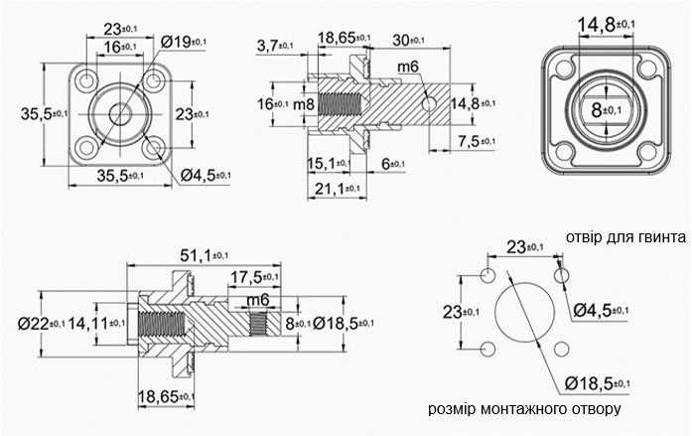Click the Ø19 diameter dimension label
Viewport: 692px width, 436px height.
click(183, 42)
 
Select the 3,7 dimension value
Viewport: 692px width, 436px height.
click(274, 46)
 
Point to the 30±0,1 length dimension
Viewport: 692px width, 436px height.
click(408, 41)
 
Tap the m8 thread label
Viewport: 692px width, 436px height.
click(304, 104)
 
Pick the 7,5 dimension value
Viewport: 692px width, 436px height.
click(477, 141)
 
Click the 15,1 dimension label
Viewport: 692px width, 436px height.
click(329, 163)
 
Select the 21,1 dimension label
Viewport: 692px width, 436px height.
click(338, 189)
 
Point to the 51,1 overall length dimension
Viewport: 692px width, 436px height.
click(205, 255)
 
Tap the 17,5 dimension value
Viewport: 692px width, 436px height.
click(254, 277)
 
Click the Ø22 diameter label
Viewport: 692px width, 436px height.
click(41, 324)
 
